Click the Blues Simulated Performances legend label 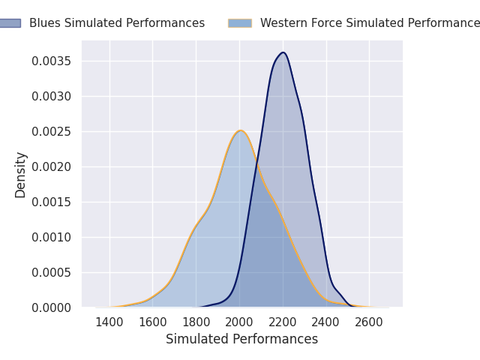(116, 23)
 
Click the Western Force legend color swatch (240, 23)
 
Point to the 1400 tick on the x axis (109, 322)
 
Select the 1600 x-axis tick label (153, 322)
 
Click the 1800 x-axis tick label (196, 322)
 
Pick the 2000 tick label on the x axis (240, 322)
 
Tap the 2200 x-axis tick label (283, 322)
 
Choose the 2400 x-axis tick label (326, 322)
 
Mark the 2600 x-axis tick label (370, 322)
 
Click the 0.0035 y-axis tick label (52, 61)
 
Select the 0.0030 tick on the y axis (52, 96)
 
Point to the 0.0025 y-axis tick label (52, 131)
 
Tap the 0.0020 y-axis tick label (52, 166)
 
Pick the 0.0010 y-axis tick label (52, 237)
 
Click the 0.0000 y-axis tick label (52, 307)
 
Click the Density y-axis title (21, 174)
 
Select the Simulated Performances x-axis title (241, 339)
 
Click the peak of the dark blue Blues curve (283, 52)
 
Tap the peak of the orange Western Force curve (240, 130)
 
